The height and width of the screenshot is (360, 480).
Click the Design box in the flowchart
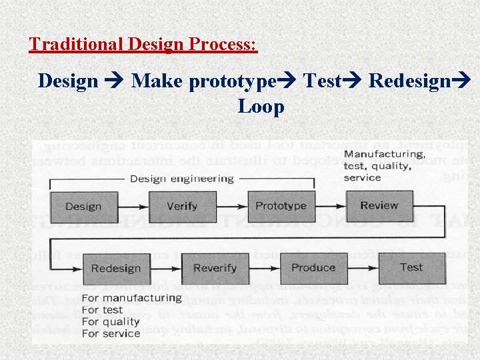(83, 207)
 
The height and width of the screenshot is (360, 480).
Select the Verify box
(182, 207)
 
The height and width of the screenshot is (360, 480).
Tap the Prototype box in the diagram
(281, 206)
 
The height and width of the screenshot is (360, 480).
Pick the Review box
(379, 205)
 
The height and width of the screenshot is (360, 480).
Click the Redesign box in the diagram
(115, 269)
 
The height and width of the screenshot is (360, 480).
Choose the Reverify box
(215, 269)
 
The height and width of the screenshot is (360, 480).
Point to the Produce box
(313, 268)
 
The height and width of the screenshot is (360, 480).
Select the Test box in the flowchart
(411, 267)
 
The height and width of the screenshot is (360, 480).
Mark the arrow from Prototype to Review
(330, 207)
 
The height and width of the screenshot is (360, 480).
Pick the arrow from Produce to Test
(363, 269)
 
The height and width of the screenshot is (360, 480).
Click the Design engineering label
(182, 179)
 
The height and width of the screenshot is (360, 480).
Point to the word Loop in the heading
(261, 107)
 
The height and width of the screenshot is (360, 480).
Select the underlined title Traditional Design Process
(143, 45)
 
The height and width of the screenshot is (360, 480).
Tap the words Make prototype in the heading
(204, 81)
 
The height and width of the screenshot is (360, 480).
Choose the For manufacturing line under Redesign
(131, 298)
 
